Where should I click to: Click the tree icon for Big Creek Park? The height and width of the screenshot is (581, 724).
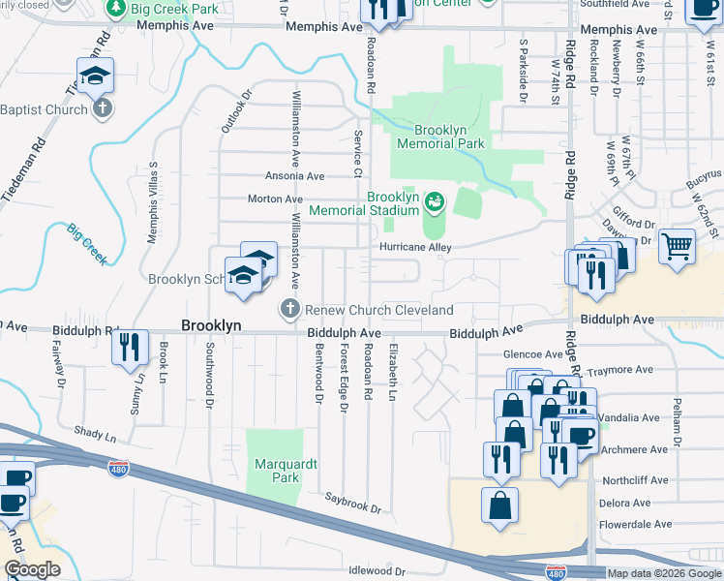[x=115, y=9]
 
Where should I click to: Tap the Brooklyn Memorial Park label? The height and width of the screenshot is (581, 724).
[x=435, y=137]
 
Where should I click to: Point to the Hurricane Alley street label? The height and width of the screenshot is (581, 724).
[x=414, y=248]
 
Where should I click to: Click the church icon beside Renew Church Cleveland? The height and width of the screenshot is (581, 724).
[x=288, y=310]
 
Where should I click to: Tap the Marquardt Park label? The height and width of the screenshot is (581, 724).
[x=281, y=472]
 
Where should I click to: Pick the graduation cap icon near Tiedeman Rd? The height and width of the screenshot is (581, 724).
[x=96, y=76]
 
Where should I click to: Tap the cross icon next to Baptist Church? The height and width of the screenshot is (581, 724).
[x=103, y=109]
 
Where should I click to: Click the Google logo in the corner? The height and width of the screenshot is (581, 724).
[x=32, y=569]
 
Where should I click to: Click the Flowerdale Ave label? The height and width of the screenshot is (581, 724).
[x=635, y=524]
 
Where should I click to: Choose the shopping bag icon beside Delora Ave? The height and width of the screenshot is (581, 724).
[x=499, y=505]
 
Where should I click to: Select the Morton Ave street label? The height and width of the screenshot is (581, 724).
[x=276, y=199]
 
